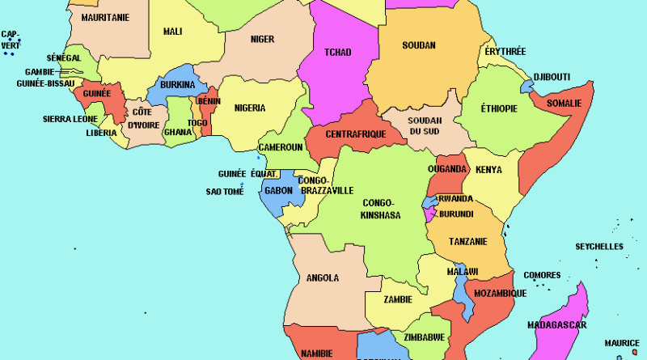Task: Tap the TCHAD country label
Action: point(337,53)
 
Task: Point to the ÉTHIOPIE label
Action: point(499,108)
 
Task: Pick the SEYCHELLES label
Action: point(599,246)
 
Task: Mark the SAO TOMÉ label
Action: point(224,192)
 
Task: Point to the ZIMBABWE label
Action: point(423,337)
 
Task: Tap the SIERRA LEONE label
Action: point(70,119)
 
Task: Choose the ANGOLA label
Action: point(323,278)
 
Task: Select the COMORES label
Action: point(542,275)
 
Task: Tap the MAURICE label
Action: point(623,343)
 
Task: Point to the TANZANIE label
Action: point(468,241)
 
